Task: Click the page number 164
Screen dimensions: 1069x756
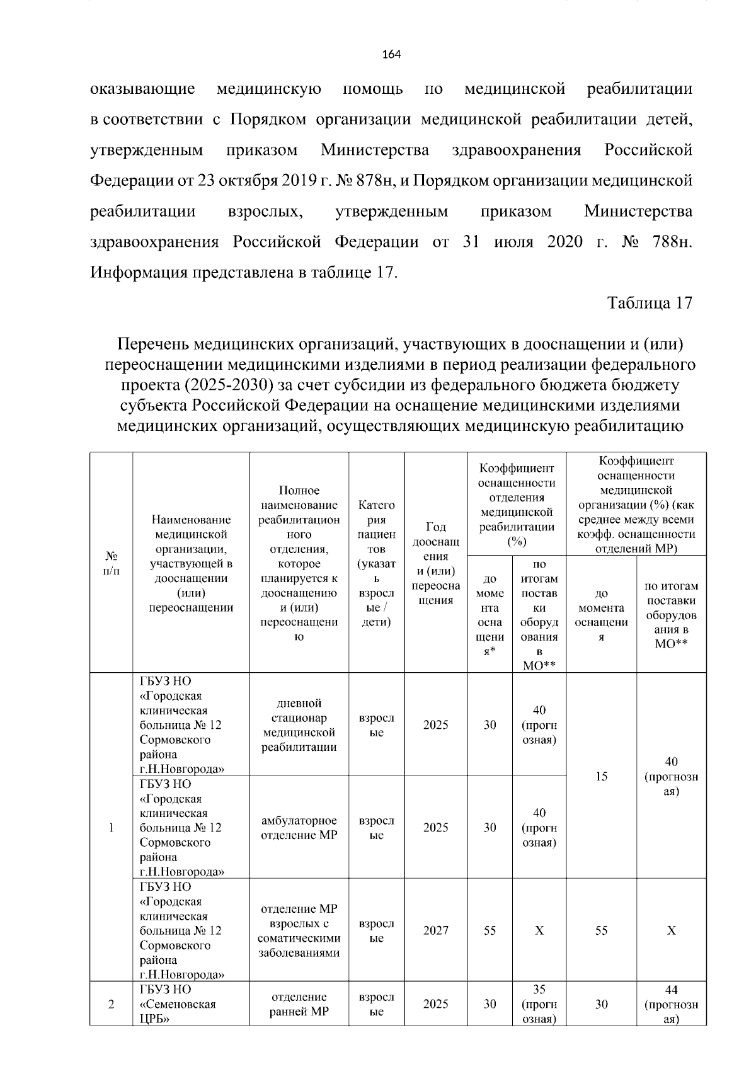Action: pyautogui.click(x=391, y=54)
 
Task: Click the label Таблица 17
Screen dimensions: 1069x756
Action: pyautogui.click(x=650, y=303)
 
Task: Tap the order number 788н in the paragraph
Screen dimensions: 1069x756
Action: pyautogui.click(x=672, y=242)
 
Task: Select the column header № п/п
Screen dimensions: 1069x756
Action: pyautogui.click(x=111, y=563)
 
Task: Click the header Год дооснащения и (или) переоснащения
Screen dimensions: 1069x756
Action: pyautogui.click(x=435, y=563)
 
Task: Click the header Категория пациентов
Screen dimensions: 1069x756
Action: pyautogui.click(x=376, y=563)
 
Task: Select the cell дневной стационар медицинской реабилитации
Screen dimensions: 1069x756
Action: pyautogui.click(x=299, y=725)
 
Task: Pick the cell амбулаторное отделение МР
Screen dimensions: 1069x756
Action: pyautogui.click(x=299, y=828)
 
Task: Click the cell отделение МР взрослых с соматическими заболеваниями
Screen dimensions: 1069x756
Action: pyautogui.click(x=299, y=930)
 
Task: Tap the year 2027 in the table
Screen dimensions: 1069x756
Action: pyautogui.click(x=435, y=930)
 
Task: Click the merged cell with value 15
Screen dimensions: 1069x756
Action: pyautogui.click(x=601, y=776)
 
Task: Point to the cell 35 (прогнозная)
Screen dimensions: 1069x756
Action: pyautogui.click(x=539, y=1004)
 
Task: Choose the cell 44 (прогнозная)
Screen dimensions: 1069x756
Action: pyautogui.click(x=671, y=1004)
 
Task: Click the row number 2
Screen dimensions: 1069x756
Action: pyautogui.click(x=111, y=1004)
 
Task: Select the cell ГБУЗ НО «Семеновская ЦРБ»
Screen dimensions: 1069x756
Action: pyautogui.click(x=177, y=1004)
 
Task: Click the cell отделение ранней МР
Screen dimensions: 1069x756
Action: pyautogui.click(x=299, y=1004)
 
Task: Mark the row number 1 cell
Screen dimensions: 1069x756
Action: pyautogui.click(x=111, y=828)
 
